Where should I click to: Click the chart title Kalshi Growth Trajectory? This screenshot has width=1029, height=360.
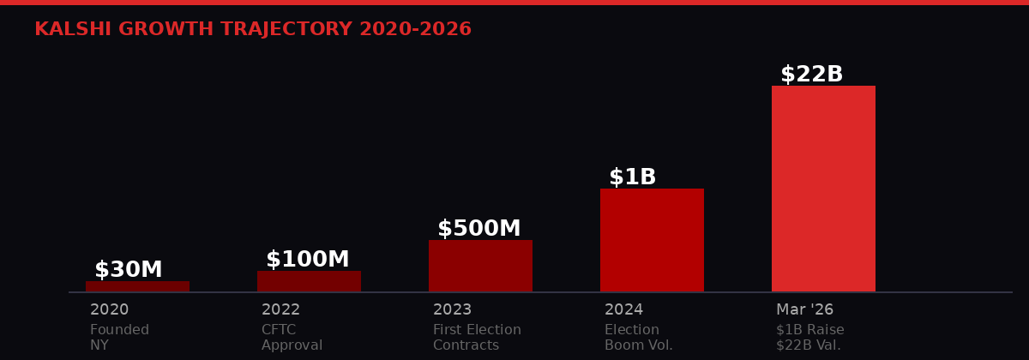click(253, 30)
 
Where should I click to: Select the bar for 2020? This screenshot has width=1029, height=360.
click(137, 286)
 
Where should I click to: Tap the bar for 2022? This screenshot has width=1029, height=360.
click(309, 282)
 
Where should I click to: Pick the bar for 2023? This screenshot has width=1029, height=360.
click(480, 266)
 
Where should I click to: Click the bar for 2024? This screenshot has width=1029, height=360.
click(652, 240)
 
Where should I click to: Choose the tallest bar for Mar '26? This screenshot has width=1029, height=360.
click(823, 189)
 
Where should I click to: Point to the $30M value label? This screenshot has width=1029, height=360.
click(129, 270)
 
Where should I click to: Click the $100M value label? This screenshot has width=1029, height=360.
click(308, 260)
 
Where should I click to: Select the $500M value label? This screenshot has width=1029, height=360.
click(479, 229)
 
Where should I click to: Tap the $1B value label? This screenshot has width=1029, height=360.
click(633, 177)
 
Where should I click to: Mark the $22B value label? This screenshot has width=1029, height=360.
click(812, 75)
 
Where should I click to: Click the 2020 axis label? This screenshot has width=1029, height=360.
click(110, 310)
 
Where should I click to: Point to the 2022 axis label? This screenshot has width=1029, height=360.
click(281, 310)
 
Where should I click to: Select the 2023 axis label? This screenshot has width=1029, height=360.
click(453, 310)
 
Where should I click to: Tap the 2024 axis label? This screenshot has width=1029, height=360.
click(624, 310)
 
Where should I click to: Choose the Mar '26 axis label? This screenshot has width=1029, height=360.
click(804, 310)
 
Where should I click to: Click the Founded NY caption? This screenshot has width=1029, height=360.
click(119, 338)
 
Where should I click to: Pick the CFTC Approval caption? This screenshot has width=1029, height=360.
click(292, 338)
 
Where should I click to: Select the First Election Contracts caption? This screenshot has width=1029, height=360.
click(477, 338)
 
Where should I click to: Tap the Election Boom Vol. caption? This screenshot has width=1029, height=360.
click(639, 338)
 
